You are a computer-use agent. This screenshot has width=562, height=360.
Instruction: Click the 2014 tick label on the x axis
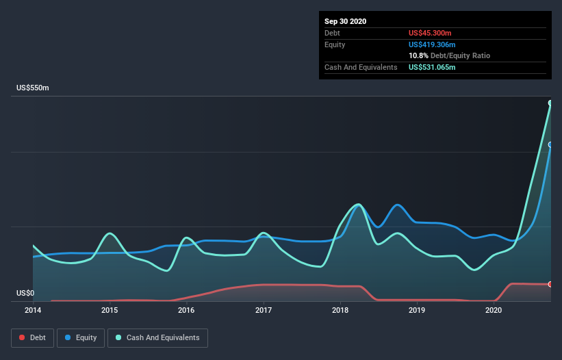(33, 310)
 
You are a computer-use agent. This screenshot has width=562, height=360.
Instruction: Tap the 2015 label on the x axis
(110, 310)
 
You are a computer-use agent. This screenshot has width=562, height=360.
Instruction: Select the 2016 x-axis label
(186, 310)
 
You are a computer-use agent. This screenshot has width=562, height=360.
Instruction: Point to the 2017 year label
(263, 310)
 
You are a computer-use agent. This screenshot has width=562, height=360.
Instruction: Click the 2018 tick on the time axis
(340, 310)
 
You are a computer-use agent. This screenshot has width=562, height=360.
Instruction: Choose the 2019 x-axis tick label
(416, 310)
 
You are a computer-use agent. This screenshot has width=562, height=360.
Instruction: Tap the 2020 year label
(493, 310)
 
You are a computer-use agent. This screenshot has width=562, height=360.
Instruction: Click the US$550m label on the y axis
(32, 88)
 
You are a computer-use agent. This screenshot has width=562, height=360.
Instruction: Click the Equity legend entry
(81, 337)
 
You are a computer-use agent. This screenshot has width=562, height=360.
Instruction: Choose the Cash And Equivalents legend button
(157, 337)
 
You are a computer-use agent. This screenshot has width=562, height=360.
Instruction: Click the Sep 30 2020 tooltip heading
(345, 21)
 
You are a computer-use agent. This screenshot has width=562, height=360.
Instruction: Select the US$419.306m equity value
(433, 44)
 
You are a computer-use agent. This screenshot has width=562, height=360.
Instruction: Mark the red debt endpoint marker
(550, 284)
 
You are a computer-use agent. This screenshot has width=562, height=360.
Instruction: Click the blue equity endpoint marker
(550, 144)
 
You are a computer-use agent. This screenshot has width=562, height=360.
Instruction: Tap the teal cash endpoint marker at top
(550, 103)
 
